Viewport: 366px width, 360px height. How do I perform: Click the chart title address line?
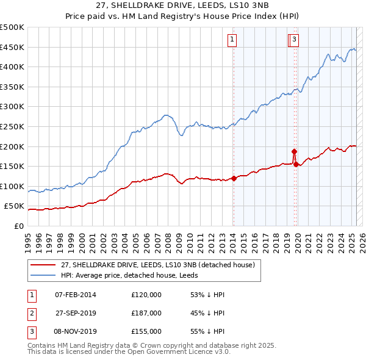pyautogui.click(x=183, y=5)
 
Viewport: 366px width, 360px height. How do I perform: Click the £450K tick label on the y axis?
pyautogui.click(x=12, y=47)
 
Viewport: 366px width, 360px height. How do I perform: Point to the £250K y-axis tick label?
pyautogui.click(x=12, y=126)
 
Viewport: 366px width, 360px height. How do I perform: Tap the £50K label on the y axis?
pyautogui.click(x=15, y=206)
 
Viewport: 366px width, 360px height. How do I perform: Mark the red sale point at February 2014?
pyautogui.click(x=234, y=178)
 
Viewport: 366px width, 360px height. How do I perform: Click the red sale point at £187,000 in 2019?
pyautogui.click(x=294, y=151)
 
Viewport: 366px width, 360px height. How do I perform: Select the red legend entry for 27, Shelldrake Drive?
pyautogui.click(x=161, y=264)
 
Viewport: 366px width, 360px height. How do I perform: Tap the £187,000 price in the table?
pyautogui.click(x=146, y=313)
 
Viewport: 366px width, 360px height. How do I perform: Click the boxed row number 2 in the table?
pyautogui.click(x=30, y=313)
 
